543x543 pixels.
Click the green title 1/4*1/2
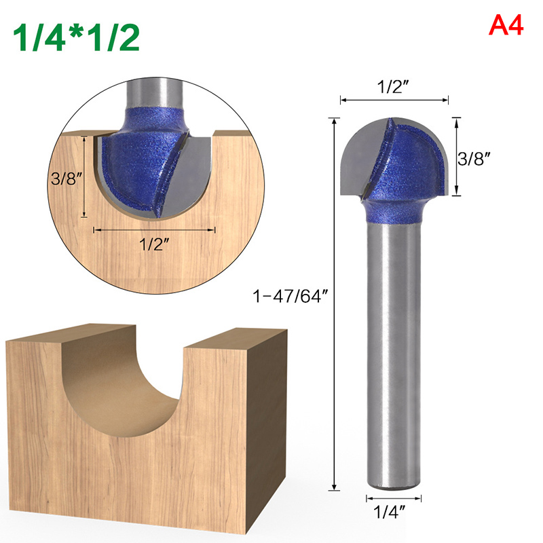[76, 37]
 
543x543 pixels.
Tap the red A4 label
[506, 26]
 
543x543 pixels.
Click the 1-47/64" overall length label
[290, 296]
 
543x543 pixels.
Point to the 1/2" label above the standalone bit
[393, 86]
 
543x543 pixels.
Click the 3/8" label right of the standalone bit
[474, 159]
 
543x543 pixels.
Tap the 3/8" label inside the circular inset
[67, 179]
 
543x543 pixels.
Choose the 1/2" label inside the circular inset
[155, 244]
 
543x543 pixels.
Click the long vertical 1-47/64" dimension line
[334, 304]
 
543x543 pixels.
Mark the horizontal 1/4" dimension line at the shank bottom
[394, 499]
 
